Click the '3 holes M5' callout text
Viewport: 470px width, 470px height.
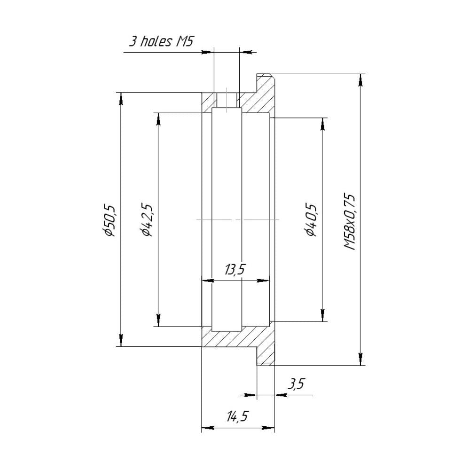pos(161,41)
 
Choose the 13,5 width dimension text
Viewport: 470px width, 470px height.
pos(235,270)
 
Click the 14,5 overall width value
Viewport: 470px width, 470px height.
pos(237,417)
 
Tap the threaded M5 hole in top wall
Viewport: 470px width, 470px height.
pos(227,100)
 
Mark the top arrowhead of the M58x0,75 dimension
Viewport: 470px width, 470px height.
pos(360,80)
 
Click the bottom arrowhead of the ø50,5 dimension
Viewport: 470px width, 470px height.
pos(121,340)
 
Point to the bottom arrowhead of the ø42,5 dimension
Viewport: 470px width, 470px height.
pos(158,320)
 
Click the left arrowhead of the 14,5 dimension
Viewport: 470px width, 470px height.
pos(207,428)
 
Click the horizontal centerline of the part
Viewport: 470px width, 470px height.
pos(237,219)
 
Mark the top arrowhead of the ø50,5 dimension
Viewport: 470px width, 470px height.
pos(121,99)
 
